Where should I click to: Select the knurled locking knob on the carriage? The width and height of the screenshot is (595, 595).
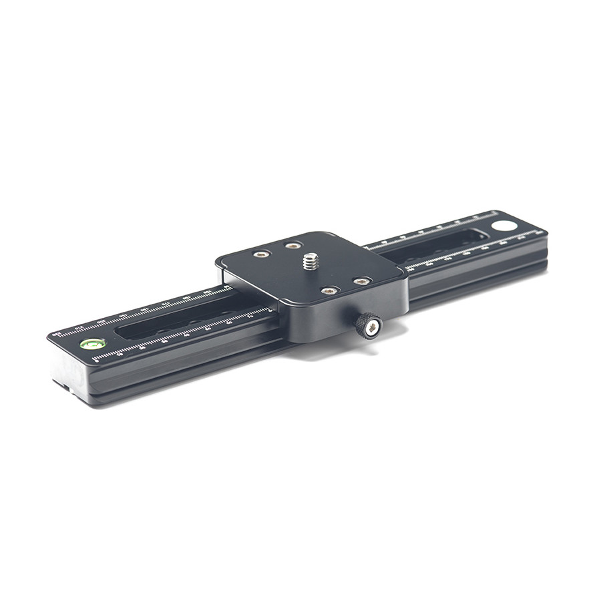[x=368, y=325]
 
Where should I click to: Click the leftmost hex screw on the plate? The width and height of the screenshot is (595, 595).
[x=261, y=254]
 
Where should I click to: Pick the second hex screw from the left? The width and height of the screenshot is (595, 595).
[x=292, y=246]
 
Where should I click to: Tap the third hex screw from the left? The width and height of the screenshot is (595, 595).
[x=329, y=290]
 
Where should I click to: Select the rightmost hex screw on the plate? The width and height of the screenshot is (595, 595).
[x=361, y=281]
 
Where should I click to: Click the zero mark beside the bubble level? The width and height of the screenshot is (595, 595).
[x=97, y=361]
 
